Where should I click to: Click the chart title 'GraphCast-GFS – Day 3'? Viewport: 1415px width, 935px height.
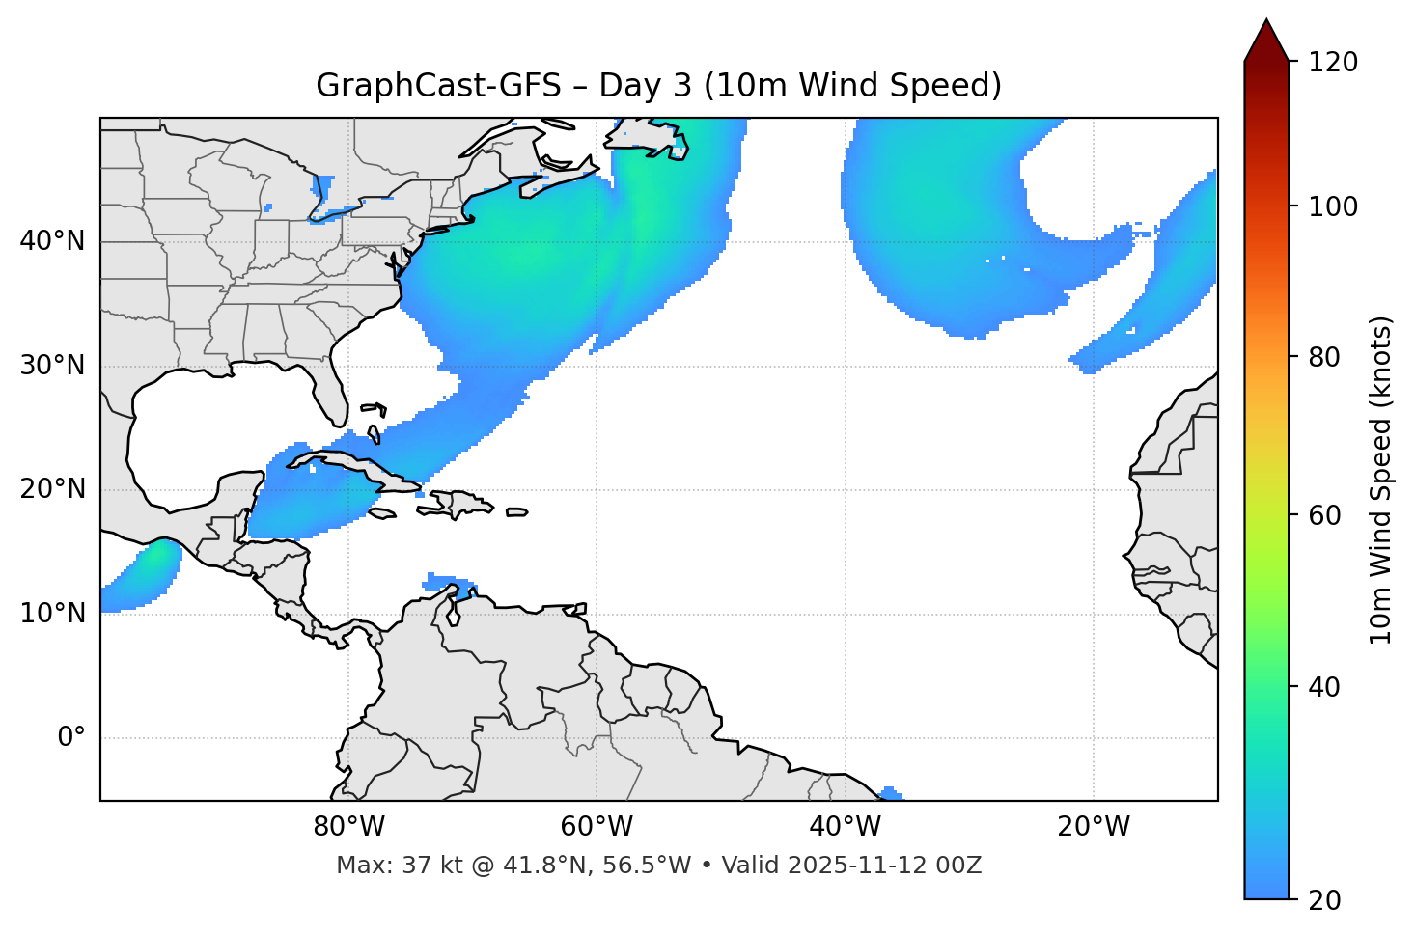[x=658, y=86]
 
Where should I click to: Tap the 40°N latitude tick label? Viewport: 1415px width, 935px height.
[x=52, y=241]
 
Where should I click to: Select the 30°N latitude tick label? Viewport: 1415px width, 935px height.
[x=52, y=366]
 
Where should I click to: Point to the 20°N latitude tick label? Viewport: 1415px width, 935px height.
[x=52, y=489]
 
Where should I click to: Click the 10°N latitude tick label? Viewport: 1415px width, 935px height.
[x=52, y=614]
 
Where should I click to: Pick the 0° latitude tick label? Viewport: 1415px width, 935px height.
[x=71, y=738]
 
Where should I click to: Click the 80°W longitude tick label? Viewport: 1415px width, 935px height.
[x=348, y=827]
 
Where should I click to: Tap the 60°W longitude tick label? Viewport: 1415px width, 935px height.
[x=597, y=827]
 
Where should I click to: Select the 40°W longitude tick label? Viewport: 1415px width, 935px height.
[x=845, y=827]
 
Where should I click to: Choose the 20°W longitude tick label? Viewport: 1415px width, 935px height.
[x=1094, y=827]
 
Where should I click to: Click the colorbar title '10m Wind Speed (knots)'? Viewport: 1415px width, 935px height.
[x=1381, y=480]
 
